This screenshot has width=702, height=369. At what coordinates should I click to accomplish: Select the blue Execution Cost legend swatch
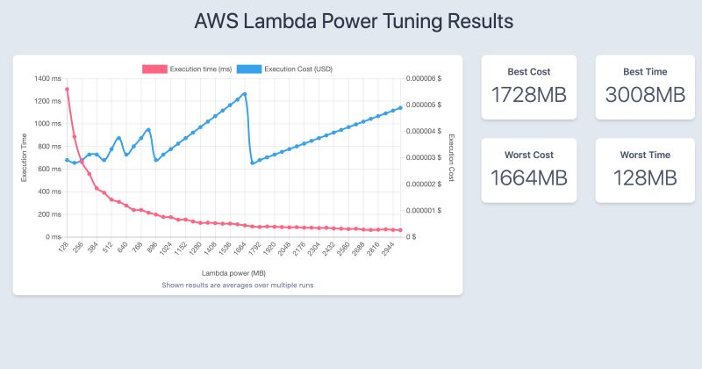click(250, 69)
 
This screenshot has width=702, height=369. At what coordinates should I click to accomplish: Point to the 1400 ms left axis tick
click(49, 78)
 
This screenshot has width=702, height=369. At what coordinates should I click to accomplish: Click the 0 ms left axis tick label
click(54, 237)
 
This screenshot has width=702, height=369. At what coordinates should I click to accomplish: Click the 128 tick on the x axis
click(63, 249)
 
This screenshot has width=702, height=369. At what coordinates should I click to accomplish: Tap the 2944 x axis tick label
click(391, 251)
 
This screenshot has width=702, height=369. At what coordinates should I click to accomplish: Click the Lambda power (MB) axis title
click(233, 273)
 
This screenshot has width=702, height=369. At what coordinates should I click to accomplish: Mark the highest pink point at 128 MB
click(67, 89)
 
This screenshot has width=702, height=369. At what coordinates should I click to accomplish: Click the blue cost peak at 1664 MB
click(245, 94)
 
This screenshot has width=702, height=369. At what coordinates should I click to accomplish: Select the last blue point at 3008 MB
click(401, 108)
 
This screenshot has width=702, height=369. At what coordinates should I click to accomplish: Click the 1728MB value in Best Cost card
click(528, 95)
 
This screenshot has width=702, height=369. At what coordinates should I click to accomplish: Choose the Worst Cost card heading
click(528, 155)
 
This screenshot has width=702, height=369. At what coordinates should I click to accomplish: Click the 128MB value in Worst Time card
click(640, 177)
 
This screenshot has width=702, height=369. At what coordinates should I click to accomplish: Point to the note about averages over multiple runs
click(237, 286)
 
